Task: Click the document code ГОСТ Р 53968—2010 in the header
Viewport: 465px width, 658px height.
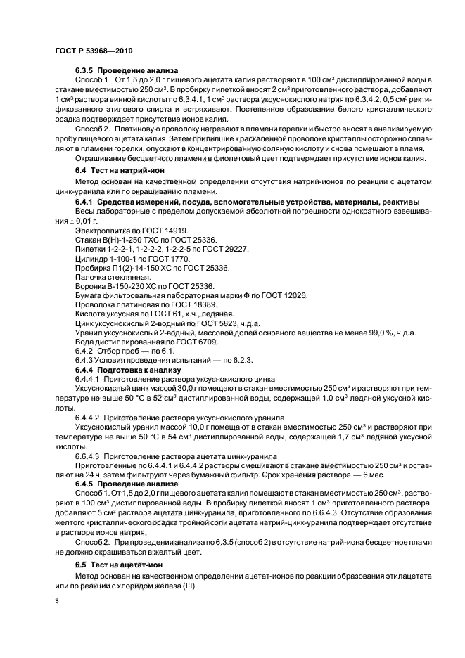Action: (x=93, y=52)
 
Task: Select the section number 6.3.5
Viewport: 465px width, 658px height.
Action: (x=85, y=71)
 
